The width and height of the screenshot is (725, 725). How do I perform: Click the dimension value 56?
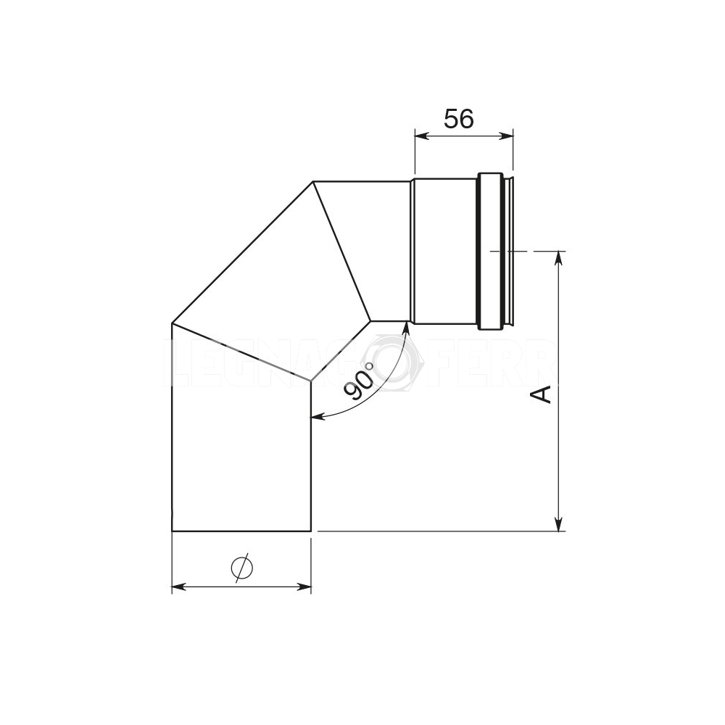point(458,118)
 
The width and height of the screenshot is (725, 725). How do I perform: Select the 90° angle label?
point(360,382)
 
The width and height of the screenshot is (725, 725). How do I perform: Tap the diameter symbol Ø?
point(241,568)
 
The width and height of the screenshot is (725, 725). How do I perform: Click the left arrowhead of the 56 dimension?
point(418,134)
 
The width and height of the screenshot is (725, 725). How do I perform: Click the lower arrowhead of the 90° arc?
point(316,417)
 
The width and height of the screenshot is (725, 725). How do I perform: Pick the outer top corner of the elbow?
point(312,181)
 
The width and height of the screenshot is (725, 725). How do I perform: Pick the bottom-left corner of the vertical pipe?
point(172,531)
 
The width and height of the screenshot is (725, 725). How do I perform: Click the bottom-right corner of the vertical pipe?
point(310,531)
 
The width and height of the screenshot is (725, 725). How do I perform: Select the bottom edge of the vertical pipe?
point(241,531)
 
